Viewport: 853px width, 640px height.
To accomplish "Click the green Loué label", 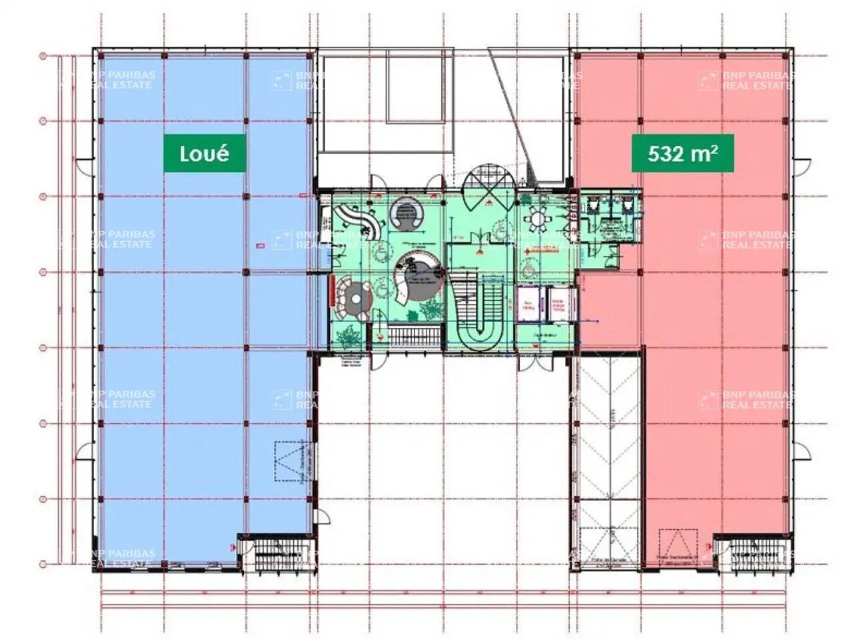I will click(205, 154).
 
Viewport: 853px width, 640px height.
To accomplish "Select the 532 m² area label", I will click(683, 154).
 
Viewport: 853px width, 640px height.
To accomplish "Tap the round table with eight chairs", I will click(538, 217).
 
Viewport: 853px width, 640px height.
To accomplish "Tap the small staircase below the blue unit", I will click(275, 553).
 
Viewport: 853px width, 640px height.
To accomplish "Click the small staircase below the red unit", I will click(750, 553).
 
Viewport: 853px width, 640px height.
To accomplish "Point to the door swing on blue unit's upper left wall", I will click(85, 167).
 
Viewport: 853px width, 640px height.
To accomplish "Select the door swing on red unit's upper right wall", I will click(802, 167).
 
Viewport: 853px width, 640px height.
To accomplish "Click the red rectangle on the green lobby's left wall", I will click(331, 291).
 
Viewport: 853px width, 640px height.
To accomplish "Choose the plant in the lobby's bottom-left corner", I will click(347, 337).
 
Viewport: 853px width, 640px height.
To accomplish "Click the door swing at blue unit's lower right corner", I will click(322, 517).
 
